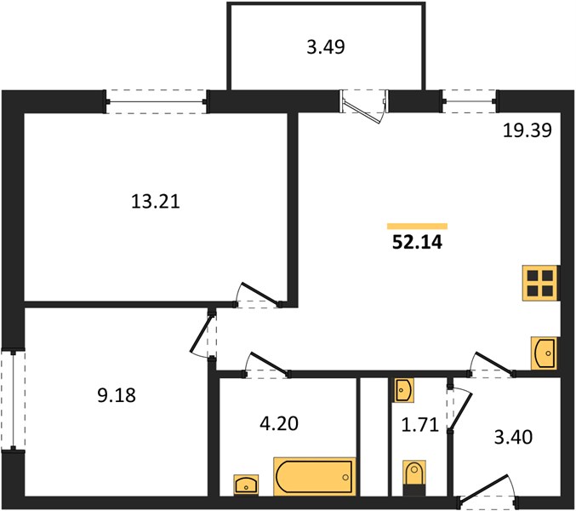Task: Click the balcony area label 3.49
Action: pyautogui.click(x=326, y=48)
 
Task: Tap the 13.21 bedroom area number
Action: pyautogui.click(x=156, y=202)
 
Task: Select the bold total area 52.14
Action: pyautogui.click(x=417, y=242)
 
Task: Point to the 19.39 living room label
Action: pyautogui.click(x=528, y=130)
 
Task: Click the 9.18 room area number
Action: pyautogui.click(x=117, y=395)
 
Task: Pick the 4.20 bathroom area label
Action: pyautogui.click(x=279, y=423)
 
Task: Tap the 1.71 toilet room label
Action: pyautogui.click(x=420, y=425)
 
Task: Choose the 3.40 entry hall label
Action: pyautogui.click(x=513, y=438)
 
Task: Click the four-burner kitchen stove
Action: pyautogui.click(x=540, y=283)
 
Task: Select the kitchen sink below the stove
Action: pyautogui.click(x=544, y=353)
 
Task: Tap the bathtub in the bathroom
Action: pyautogui.click(x=315, y=477)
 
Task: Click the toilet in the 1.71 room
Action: pyautogui.click(x=414, y=478)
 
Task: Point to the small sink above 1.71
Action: pyautogui.click(x=404, y=390)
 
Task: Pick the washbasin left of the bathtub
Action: pyautogui.click(x=246, y=485)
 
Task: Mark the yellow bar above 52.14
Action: pyautogui.click(x=417, y=226)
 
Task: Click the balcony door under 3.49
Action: pyautogui.click(x=363, y=106)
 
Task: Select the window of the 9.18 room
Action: pyautogui.click(x=14, y=400)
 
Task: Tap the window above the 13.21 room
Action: pyautogui.click(x=157, y=101)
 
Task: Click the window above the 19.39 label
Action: pyautogui.click(x=470, y=101)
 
